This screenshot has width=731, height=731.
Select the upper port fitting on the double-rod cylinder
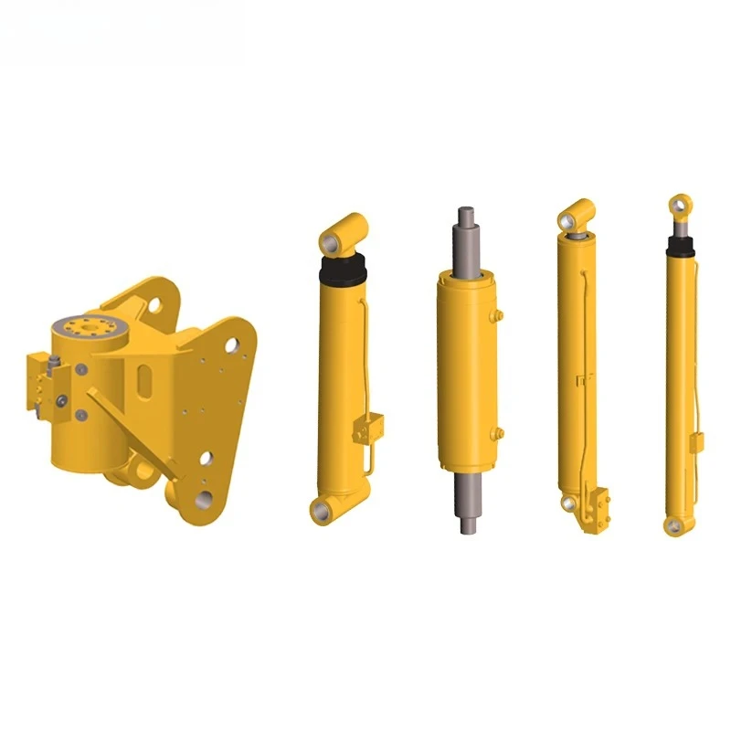point(498,315)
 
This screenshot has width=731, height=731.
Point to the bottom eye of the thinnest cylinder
point(675,524)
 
